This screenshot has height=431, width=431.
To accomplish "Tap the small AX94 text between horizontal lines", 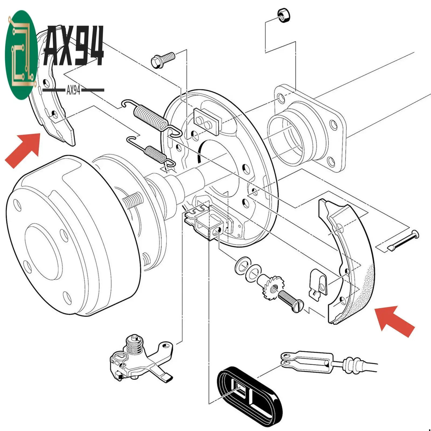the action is coord(73,90).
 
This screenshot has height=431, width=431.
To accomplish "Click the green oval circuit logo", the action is coord(21,55).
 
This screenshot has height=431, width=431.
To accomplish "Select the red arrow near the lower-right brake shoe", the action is coord(394,321).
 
